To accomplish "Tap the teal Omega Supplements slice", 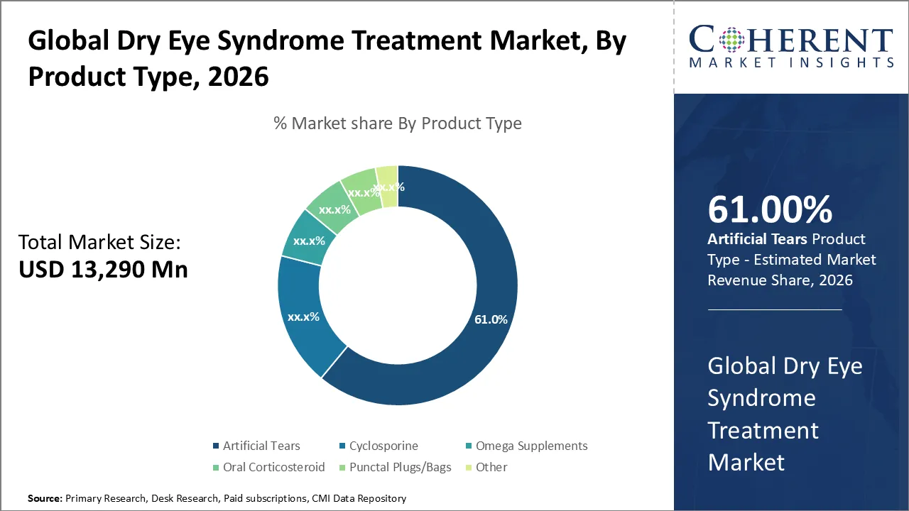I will [308, 241].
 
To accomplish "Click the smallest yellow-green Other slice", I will [388, 185].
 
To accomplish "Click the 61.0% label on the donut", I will [491, 319].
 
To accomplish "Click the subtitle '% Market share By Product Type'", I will [398, 123].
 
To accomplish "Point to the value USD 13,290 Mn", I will [103, 270].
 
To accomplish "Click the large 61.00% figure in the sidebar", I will [770, 210].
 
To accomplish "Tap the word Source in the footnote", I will [44, 499].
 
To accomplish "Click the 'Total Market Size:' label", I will [100, 243].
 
